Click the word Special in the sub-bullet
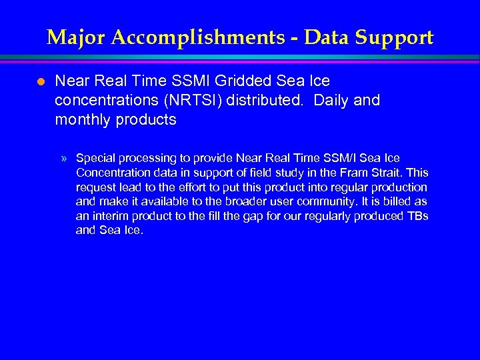[95, 159]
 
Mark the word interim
[110, 217]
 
